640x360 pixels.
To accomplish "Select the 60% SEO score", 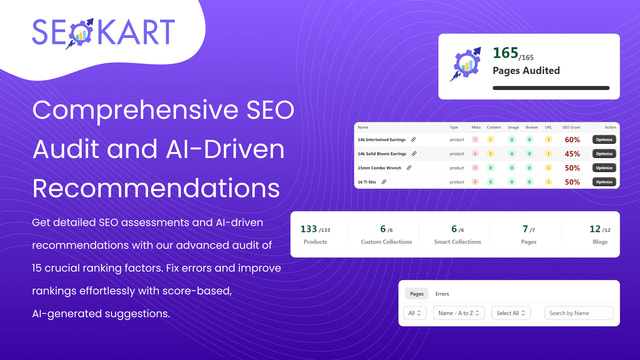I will pos(572,140).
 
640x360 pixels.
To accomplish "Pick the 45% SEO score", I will pos(572,154).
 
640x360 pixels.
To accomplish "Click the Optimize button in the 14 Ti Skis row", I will pos(604,182).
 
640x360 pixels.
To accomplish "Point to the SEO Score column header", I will pos(572,128).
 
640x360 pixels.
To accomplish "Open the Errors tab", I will pos(442,294).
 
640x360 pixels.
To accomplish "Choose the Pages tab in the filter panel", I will pos(416,294).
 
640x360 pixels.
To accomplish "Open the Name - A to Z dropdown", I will pos(460,313).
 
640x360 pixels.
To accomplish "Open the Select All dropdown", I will pos(513,313).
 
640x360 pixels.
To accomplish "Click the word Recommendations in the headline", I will pos(155,188).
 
